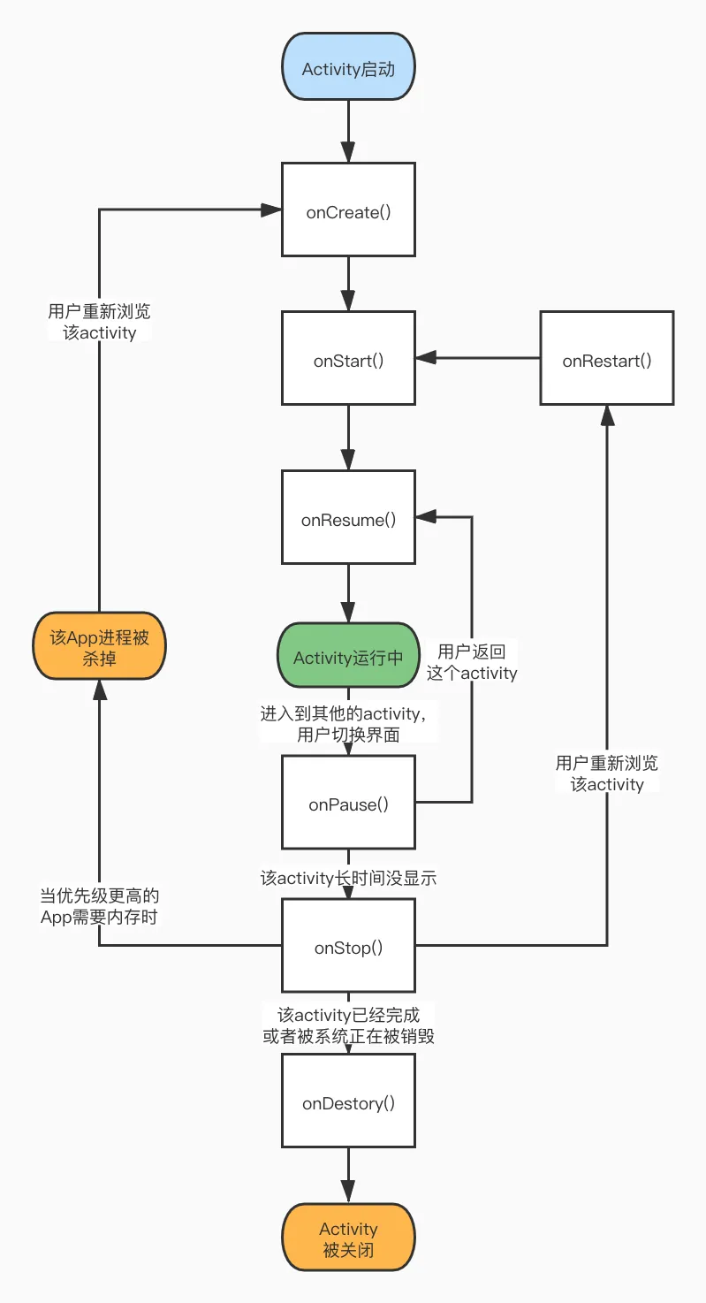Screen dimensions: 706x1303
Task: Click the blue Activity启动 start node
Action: coord(348,67)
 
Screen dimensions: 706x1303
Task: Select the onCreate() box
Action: coord(348,210)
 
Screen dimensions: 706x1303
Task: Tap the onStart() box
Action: coord(348,358)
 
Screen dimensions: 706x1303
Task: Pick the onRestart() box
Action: coord(606,358)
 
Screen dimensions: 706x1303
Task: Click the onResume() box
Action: coord(348,517)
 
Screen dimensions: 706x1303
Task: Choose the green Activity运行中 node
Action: coord(348,656)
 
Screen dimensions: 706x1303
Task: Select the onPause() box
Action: coord(348,802)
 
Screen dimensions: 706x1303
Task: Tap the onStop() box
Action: coord(348,945)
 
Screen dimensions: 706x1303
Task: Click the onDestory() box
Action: coord(348,1101)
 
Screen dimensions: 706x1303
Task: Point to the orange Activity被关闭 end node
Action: coord(348,1237)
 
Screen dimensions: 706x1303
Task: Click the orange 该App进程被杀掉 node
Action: coord(100,645)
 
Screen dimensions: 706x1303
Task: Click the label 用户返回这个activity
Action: coord(472,663)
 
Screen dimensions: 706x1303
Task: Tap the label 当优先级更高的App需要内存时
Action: coord(100,906)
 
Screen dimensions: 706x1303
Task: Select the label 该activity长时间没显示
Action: coord(348,878)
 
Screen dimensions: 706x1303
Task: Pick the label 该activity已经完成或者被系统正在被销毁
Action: coord(348,1025)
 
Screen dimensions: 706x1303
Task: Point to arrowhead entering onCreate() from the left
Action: coord(271,210)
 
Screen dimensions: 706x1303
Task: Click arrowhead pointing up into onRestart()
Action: coord(607,415)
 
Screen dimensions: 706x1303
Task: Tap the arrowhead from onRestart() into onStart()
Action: coord(426,358)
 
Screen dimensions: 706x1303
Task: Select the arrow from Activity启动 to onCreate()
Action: coord(348,132)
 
